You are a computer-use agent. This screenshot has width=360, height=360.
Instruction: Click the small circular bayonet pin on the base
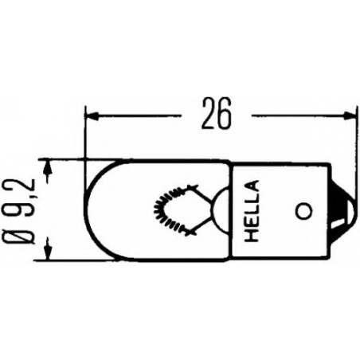(302, 211)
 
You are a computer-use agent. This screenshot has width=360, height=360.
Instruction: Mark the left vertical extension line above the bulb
(84, 135)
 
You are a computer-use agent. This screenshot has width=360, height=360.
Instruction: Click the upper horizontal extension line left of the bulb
(64, 158)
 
